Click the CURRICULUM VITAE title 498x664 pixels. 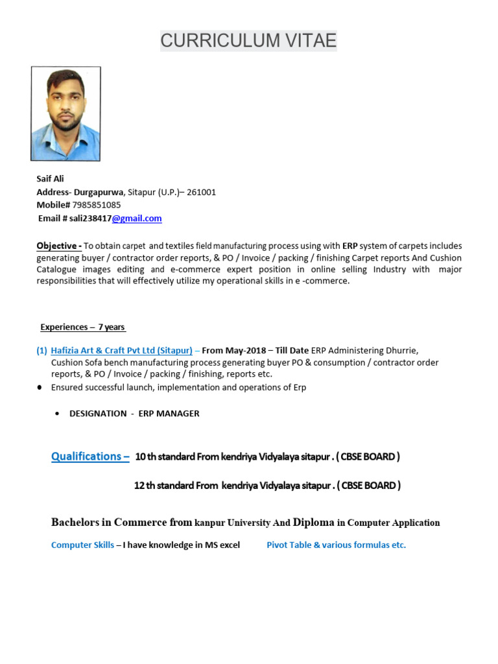[x=248, y=40]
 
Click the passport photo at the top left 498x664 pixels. [x=65, y=113]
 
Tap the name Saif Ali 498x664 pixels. [x=50, y=178]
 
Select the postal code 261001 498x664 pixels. [x=201, y=192]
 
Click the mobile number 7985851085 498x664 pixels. [x=96, y=205]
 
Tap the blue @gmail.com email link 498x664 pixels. [x=137, y=219]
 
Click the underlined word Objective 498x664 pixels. [x=57, y=246]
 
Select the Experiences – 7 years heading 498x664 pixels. [x=83, y=327]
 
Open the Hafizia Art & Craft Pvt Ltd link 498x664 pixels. [x=121, y=350]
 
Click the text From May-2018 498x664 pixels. [x=230, y=350]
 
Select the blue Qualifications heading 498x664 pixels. [x=90, y=456]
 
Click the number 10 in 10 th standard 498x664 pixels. [x=140, y=456]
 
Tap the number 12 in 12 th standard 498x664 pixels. [x=139, y=485]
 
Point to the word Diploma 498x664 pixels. [x=314, y=522]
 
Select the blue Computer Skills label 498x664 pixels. [x=82, y=545]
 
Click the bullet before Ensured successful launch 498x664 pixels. [x=40, y=387]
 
